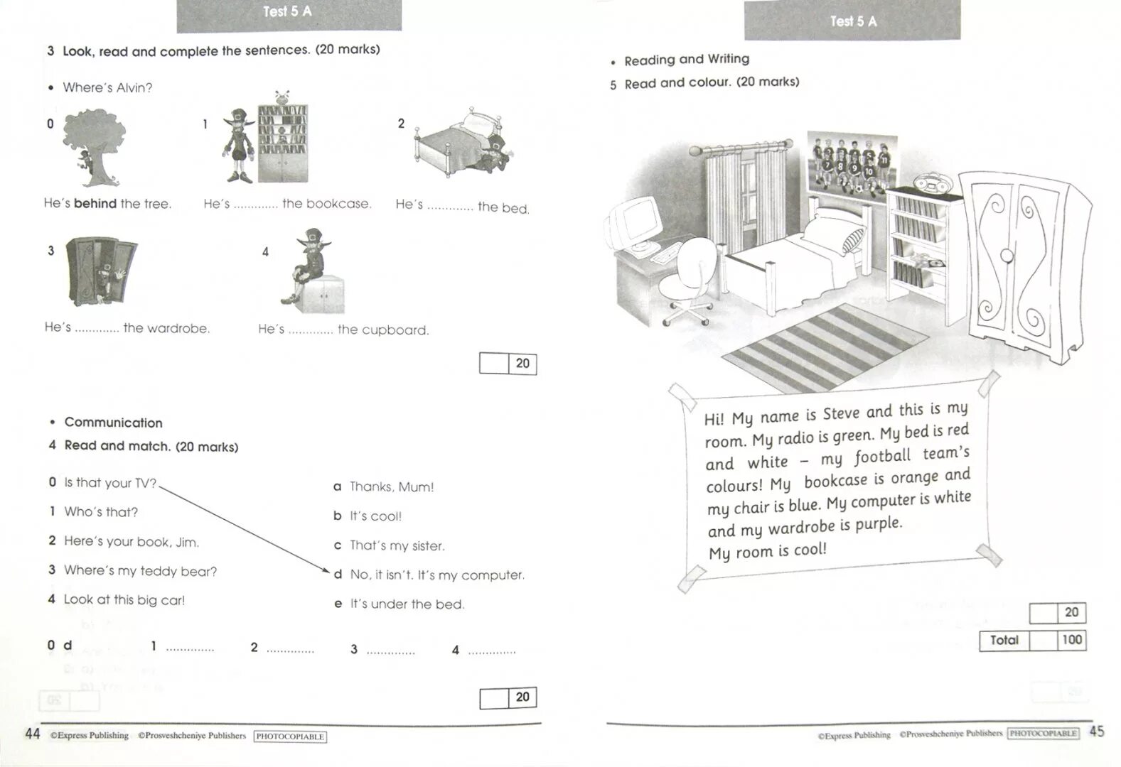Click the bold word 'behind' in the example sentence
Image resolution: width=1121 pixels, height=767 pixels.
coord(95,204)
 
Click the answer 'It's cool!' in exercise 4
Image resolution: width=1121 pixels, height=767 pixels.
coord(375,516)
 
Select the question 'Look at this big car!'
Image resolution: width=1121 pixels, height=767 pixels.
coord(124,600)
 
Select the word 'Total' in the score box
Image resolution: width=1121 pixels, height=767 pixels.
coord(1004,641)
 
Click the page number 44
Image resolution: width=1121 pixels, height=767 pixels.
coord(33,734)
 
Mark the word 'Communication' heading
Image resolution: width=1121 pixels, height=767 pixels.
coord(113,423)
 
